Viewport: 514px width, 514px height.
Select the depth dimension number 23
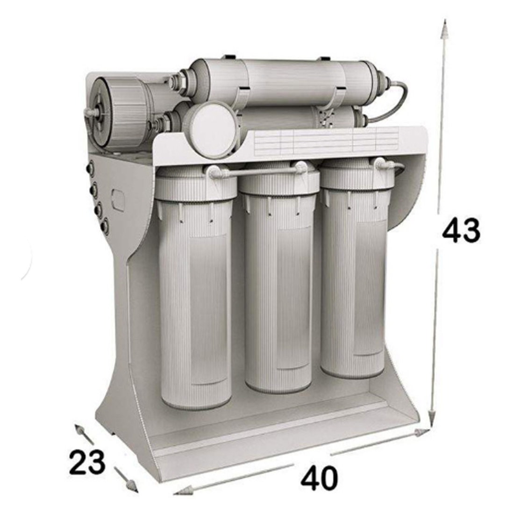87,462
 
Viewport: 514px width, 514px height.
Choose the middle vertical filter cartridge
278,278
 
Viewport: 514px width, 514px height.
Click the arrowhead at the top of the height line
444,29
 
